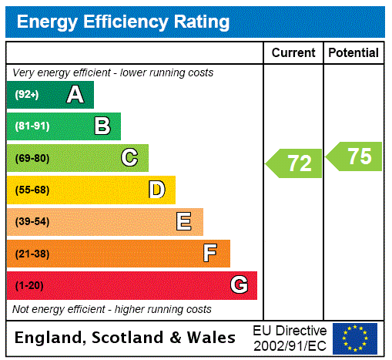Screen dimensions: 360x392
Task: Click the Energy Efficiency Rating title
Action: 123,22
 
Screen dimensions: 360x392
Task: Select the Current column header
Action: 293,53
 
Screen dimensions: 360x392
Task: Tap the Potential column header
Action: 353,53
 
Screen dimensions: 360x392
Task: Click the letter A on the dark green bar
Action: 75,95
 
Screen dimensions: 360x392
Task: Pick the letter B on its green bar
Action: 102,126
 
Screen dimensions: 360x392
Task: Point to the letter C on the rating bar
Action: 129,158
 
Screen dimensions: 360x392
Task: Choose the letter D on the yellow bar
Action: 156,190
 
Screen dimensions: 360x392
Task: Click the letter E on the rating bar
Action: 184,222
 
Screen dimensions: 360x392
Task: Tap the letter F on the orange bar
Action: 210,254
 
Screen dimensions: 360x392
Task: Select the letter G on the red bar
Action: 239,285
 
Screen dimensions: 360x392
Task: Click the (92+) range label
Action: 27,95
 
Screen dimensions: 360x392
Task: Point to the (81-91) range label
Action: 32,126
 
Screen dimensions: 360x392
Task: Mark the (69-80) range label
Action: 32,158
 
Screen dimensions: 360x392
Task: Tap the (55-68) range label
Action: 32,190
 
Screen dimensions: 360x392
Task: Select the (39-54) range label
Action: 32,222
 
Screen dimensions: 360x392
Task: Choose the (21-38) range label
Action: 32,254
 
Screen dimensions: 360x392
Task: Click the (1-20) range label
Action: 29,285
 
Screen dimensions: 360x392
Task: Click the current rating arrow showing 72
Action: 295,163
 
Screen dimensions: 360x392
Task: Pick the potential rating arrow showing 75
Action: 355,156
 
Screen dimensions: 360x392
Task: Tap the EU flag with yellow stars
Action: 355,338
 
